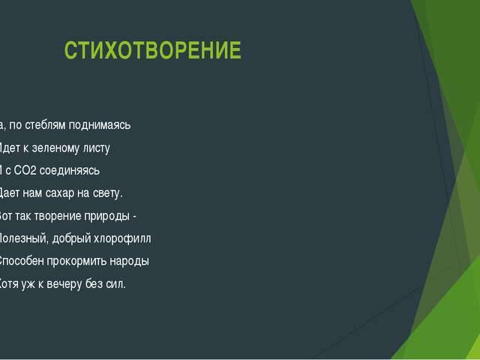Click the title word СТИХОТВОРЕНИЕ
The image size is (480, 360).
point(153,51)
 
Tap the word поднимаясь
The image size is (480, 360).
point(101,124)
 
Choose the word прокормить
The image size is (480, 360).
point(76,262)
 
